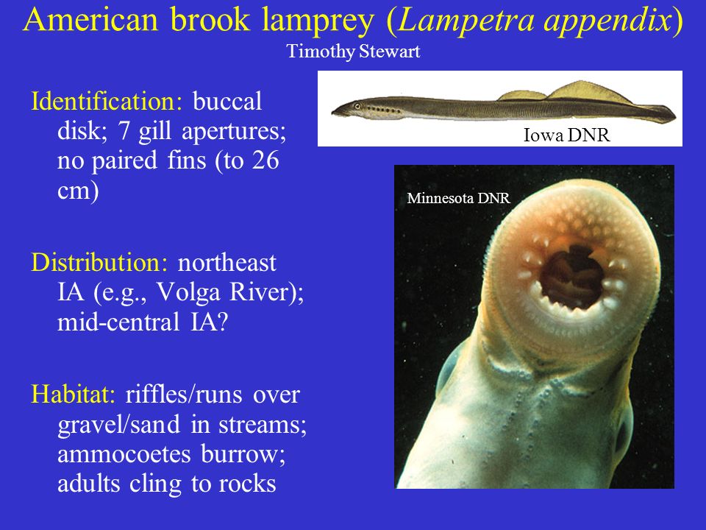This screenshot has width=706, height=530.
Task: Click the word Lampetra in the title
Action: click(465, 21)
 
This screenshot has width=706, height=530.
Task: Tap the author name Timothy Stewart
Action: click(353, 52)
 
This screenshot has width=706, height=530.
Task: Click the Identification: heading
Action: click(107, 102)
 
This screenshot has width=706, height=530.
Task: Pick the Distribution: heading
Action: click(99, 262)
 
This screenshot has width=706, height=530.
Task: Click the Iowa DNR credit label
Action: click(566, 135)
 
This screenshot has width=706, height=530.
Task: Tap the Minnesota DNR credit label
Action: click(458, 198)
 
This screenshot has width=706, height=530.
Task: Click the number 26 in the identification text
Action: click(265, 160)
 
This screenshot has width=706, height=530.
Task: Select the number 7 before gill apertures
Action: click(124, 131)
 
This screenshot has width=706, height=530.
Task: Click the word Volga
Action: click(188, 292)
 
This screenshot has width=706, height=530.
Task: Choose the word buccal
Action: click(227, 101)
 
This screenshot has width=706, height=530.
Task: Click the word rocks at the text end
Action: click(247, 484)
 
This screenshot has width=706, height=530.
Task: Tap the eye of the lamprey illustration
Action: click(357, 106)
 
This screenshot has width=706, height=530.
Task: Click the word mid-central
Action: click(118, 322)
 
